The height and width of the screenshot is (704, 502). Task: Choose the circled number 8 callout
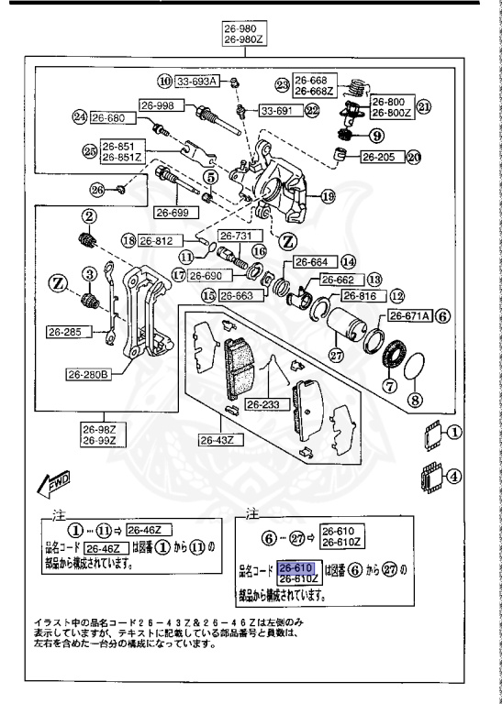coord(415,400)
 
